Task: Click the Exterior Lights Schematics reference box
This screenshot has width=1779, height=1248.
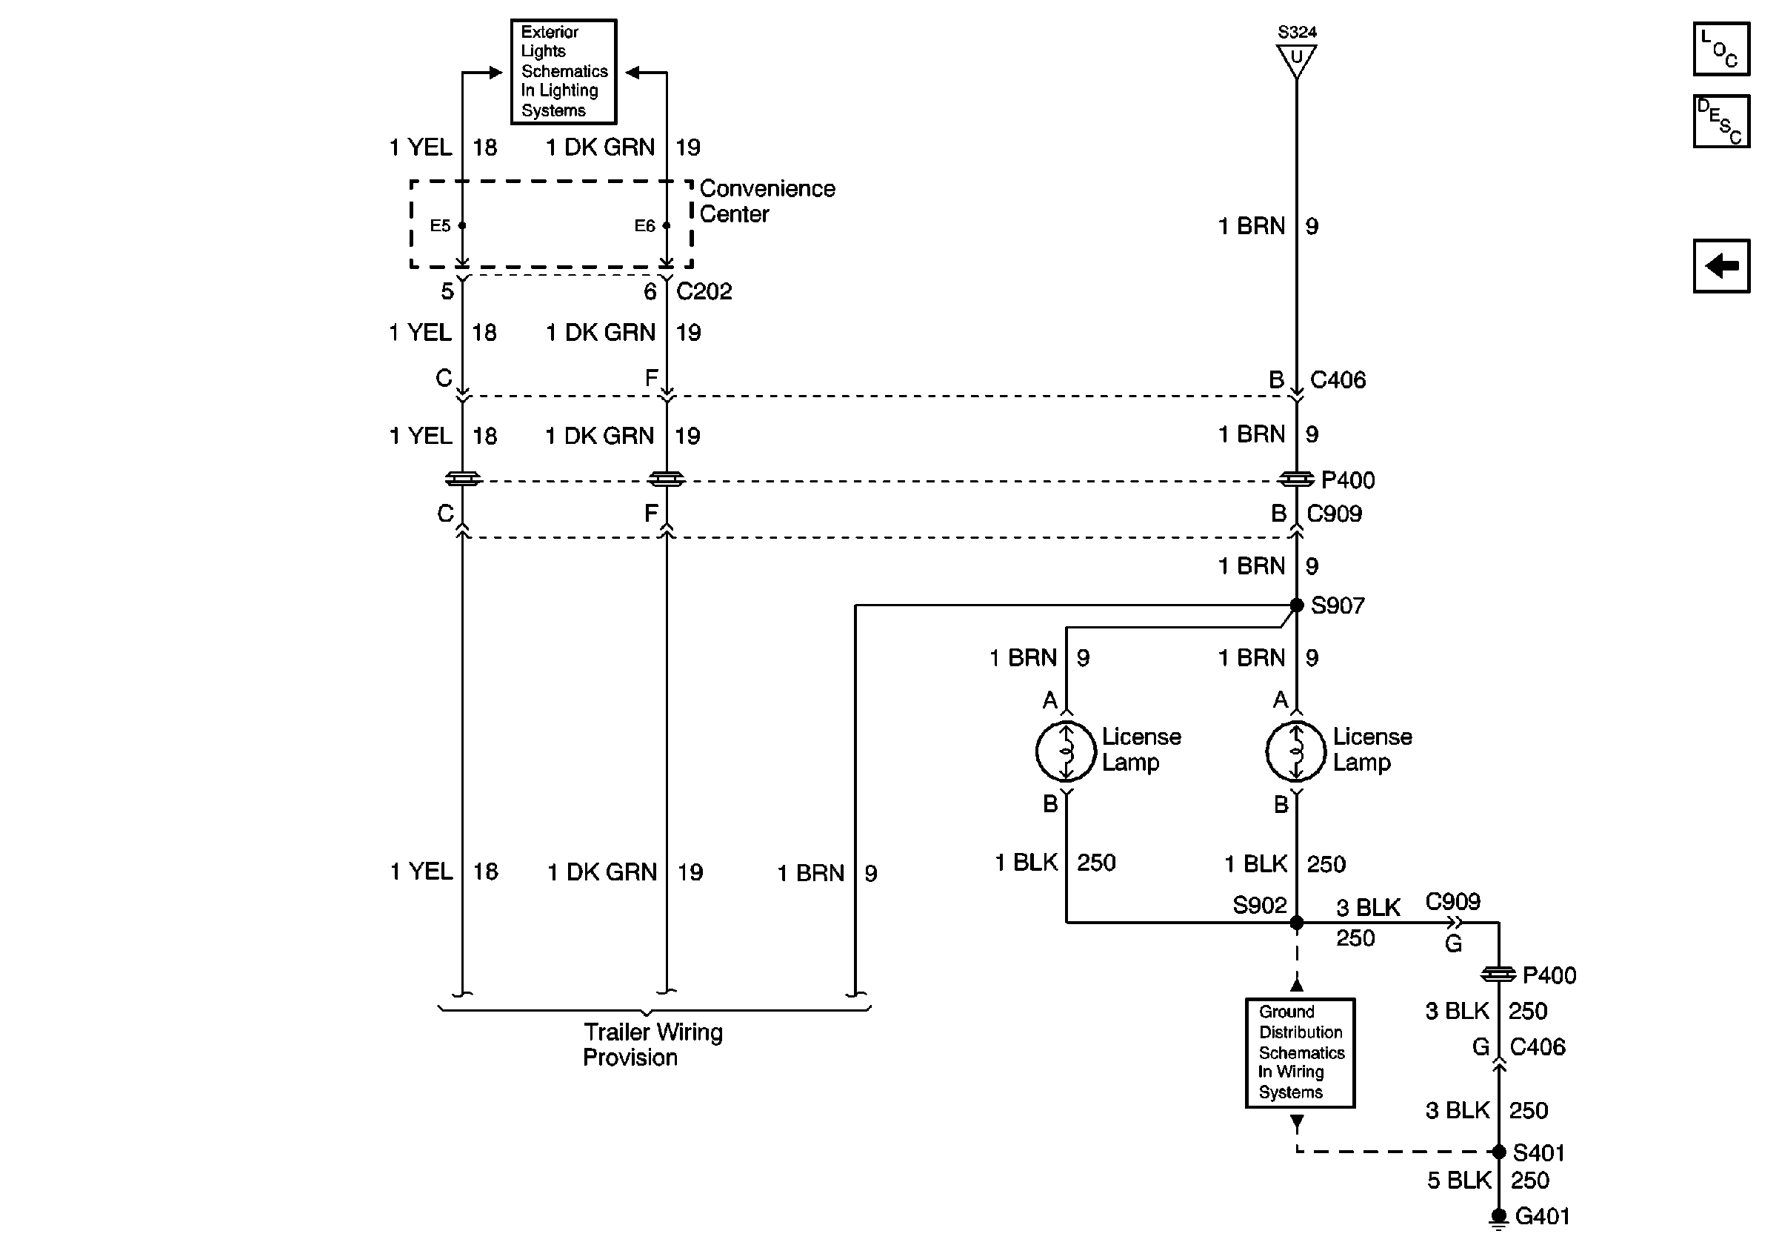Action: coord(564,71)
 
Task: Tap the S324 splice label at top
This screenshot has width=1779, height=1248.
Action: coord(1297,32)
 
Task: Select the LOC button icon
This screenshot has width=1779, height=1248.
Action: coord(1721,50)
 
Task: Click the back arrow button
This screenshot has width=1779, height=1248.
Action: coord(1721,266)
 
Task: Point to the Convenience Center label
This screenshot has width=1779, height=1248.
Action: coord(767,201)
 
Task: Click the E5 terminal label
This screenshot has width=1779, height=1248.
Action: coord(440,225)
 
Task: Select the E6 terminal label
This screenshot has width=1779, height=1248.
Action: coord(644,225)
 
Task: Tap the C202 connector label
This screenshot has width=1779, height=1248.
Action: coord(704,291)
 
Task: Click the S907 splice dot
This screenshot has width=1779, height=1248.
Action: coord(1296,605)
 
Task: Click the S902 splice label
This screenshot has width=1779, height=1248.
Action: coord(1259,905)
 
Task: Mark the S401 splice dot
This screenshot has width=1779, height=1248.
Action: coord(1498,1152)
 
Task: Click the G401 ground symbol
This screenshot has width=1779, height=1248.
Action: coord(1498,1218)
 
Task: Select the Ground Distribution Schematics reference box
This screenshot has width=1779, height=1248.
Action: coord(1299,1052)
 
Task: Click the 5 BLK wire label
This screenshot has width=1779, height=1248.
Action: coord(1459,1180)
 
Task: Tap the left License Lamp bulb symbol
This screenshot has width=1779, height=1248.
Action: coord(1067,750)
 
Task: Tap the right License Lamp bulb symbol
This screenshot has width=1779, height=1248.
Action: coord(1296,750)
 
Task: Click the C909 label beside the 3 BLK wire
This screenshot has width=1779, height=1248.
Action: coord(1453,900)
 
